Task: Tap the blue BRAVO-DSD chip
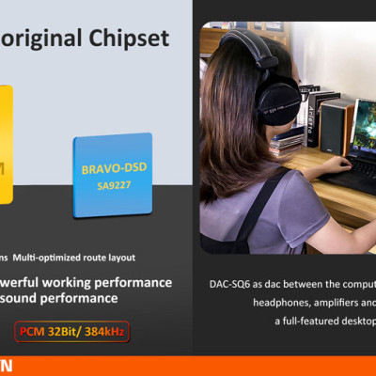(x=112, y=174)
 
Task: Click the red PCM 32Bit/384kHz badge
(x=70, y=331)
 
